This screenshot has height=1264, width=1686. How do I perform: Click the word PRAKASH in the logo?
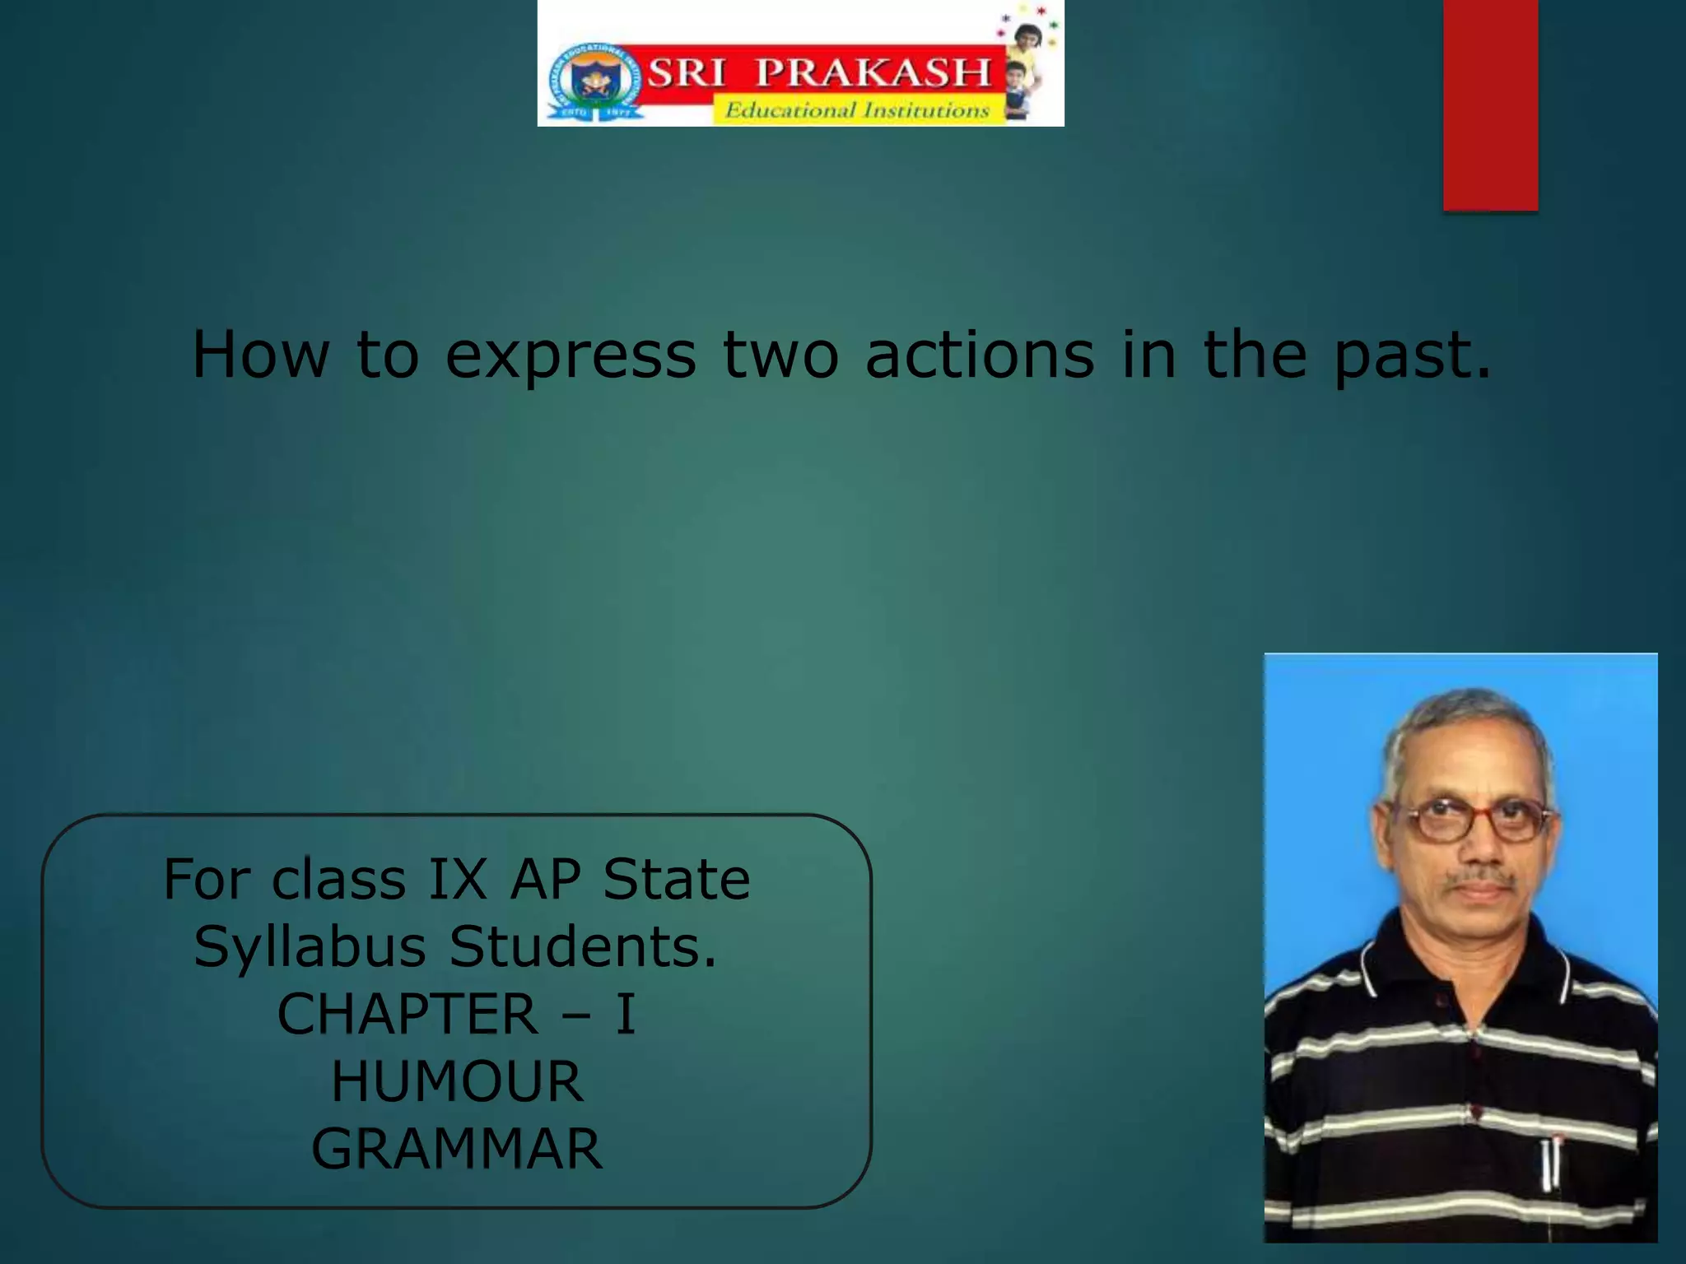click(873, 72)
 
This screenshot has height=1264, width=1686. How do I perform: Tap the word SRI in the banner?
click(687, 72)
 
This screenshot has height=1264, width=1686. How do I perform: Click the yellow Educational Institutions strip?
click(857, 110)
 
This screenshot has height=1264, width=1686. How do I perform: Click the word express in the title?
click(571, 355)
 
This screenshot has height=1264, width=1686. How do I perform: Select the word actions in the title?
click(980, 355)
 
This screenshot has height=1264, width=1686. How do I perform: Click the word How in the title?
click(260, 355)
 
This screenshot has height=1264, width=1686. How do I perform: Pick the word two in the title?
click(780, 355)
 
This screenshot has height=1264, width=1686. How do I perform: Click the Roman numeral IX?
click(458, 879)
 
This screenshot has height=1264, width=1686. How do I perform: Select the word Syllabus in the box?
click(310, 947)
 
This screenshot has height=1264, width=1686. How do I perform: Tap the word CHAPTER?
click(408, 1014)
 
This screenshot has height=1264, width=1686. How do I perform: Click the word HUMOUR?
click(458, 1081)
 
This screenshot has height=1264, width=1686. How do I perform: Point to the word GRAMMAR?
click(458, 1149)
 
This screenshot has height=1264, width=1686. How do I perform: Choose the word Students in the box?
click(583, 946)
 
